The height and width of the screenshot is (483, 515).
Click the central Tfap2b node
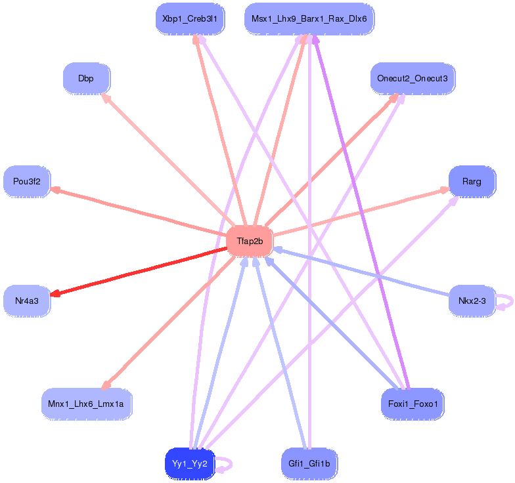249,241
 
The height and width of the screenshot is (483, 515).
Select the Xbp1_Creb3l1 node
191,20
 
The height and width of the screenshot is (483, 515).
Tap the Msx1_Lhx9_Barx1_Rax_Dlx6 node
309,20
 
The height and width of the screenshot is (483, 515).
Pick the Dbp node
86,79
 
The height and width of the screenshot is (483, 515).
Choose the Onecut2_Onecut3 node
412,79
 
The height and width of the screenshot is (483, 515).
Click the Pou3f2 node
27,182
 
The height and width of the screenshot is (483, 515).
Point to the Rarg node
471,181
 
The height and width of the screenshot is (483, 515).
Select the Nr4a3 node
27,301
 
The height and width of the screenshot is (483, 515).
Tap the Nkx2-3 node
472,301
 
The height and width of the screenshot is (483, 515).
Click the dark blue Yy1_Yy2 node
190,463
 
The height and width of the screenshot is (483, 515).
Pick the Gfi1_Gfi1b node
309,463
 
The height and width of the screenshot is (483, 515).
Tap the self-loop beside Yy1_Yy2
226,463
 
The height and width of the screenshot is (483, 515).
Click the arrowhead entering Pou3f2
56,190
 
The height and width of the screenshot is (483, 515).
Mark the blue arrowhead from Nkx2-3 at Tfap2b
278,249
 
